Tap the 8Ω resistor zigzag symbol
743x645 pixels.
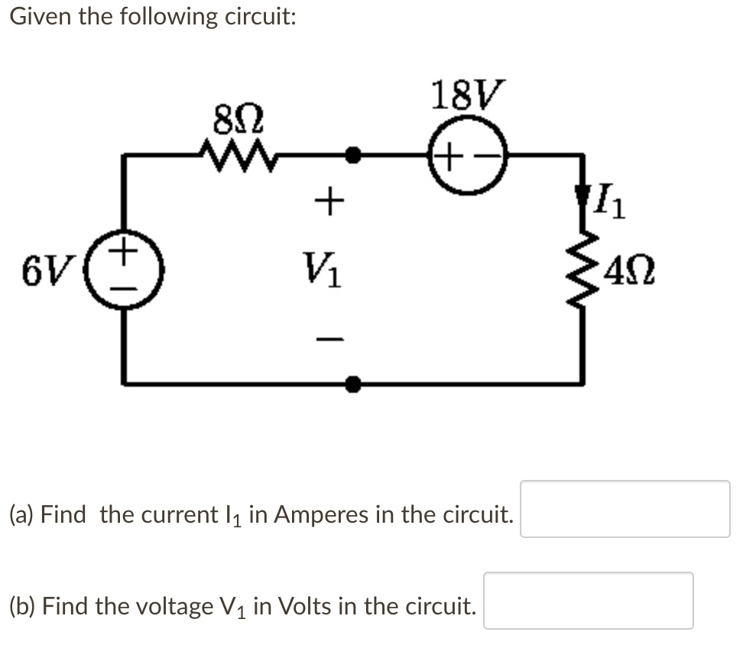point(237,155)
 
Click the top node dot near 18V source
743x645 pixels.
point(352,155)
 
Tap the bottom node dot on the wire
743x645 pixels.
point(352,383)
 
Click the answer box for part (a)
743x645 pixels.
point(625,509)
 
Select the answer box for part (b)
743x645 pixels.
point(588,601)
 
